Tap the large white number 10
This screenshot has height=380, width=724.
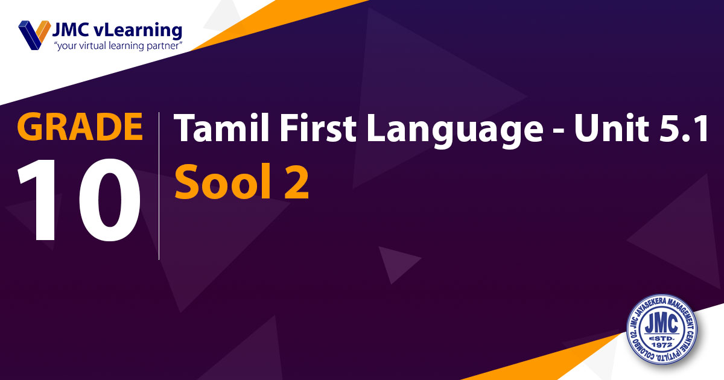(79, 200)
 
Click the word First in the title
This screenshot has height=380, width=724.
(318, 127)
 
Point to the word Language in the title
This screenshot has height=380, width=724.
(455, 130)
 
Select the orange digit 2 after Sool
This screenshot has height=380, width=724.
(296, 182)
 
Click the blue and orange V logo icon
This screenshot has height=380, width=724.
(34, 35)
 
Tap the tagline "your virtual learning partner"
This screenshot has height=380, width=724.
(118, 46)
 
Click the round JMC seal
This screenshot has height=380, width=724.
(662, 329)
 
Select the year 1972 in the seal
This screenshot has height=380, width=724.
(662, 345)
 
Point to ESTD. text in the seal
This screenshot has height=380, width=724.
(662, 338)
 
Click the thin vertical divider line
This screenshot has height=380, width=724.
(159, 186)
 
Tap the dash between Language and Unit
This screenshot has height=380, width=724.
(559, 131)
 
